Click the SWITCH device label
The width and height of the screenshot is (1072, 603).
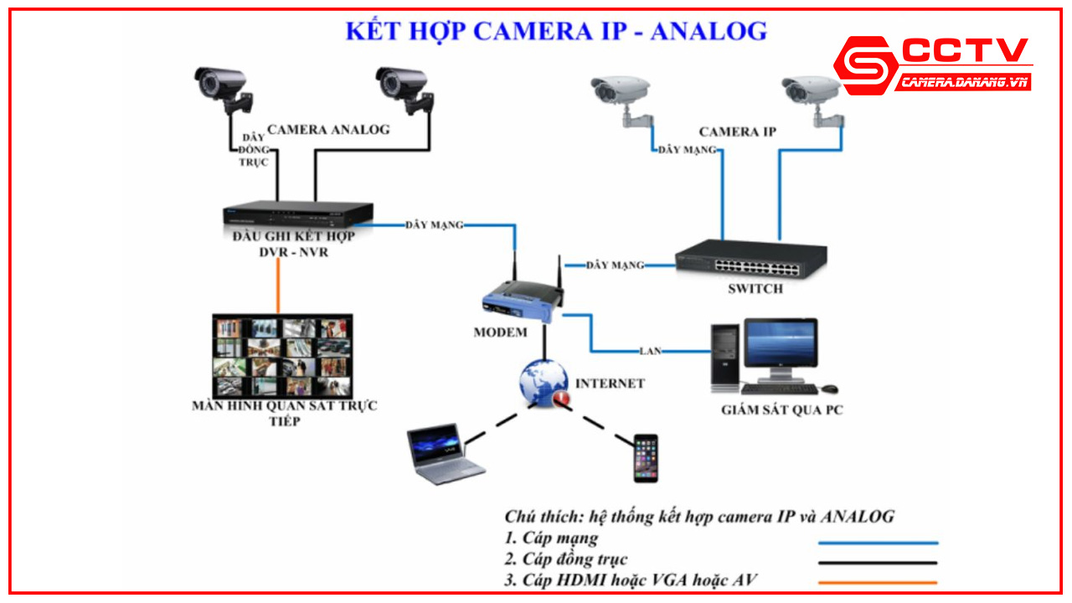point(755,289)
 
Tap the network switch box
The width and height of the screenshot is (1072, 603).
point(751,259)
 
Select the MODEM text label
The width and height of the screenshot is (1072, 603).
point(500,332)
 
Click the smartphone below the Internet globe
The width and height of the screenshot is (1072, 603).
point(645,457)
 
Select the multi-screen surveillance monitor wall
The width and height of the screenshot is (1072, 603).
point(282,356)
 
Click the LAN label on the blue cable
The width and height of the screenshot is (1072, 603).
point(650,350)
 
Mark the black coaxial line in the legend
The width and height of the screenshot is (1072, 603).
point(878,563)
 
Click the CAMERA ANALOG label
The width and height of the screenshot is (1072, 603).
point(328,130)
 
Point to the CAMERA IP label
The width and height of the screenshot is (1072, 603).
point(737,132)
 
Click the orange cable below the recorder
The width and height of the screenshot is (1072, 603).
point(278,286)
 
